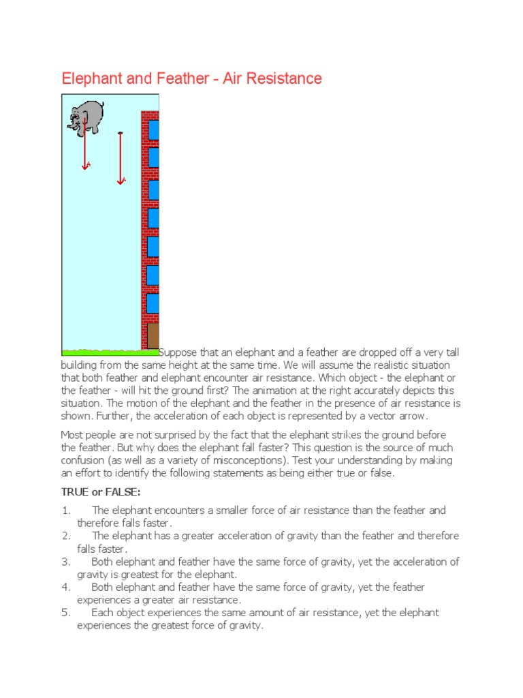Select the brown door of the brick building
click(x=153, y=335)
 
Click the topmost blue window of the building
click(x=154, y=130)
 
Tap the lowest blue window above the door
click(x=153, y=303)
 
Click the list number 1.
click(x=65, y=511)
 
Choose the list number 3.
click(x=65, y=562)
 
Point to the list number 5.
click(x=65, y=613)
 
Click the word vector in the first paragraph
click(x=385, y=416)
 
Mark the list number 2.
click(x=65, y=536)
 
